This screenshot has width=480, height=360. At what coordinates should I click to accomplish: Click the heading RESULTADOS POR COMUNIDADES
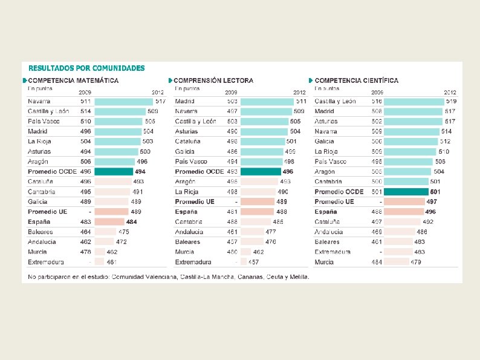click(86, 68)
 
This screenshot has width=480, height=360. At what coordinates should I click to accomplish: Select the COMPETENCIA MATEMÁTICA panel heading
click(73, 80)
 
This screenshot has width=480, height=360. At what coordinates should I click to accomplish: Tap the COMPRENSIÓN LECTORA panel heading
click(213, 80)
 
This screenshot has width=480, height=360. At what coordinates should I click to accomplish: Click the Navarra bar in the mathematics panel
click(124, 102)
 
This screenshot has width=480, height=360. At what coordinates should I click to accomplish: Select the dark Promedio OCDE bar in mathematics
click(114, 172)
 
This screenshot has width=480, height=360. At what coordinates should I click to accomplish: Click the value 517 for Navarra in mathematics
click(160, 102)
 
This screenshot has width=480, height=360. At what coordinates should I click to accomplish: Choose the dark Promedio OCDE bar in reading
click(261, 172)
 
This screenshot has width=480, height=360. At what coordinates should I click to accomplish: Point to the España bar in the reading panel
click(257, 212)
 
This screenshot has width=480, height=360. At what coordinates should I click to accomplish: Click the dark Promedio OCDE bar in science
click(404, 192)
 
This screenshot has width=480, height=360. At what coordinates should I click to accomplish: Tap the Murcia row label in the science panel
click(324, 262)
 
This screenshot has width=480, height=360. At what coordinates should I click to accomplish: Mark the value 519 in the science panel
click(451, 102)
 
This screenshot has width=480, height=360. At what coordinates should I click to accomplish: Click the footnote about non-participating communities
click(169, 277)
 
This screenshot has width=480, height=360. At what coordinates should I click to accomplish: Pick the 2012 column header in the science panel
click(449, 92)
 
